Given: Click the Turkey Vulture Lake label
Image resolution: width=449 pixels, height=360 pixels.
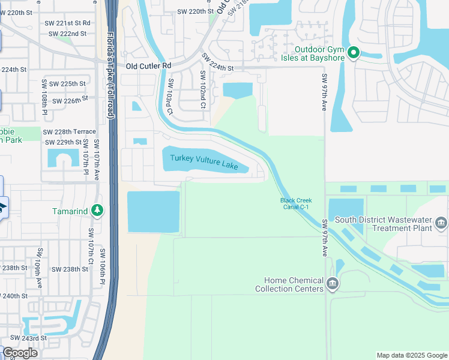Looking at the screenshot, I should (x=204, y=158).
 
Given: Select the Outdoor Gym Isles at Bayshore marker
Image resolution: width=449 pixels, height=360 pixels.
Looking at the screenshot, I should (x=354, y=53).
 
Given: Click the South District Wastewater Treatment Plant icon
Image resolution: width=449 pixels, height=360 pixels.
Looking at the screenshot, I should (x=442, y=224).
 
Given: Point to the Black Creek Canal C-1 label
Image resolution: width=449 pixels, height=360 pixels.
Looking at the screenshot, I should (x=296, y=204).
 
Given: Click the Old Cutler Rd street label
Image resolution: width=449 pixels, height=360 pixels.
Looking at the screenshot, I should (x=148, y=66).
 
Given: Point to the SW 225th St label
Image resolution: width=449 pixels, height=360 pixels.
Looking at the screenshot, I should (x=64, y=83).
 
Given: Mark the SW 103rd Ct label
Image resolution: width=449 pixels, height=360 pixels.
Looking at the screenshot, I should (x=170, y=97).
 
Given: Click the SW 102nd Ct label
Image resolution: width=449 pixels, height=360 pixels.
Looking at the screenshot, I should (x=203, y=90).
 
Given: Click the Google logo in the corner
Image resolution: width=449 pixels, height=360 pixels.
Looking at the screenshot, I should (x=20, y=353).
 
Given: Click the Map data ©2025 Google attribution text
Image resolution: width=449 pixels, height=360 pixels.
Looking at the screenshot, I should (x=411, y=355).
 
